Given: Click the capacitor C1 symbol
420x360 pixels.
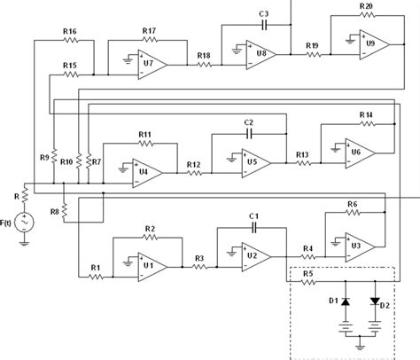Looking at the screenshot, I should tap(253, 226).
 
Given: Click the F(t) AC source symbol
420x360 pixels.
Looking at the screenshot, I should tap(24, 220).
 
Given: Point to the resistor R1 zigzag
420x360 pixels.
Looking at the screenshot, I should tap(97, 276).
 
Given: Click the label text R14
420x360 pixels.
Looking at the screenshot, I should tap(366, 115).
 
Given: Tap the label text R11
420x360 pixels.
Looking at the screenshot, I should tap(144, 134).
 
